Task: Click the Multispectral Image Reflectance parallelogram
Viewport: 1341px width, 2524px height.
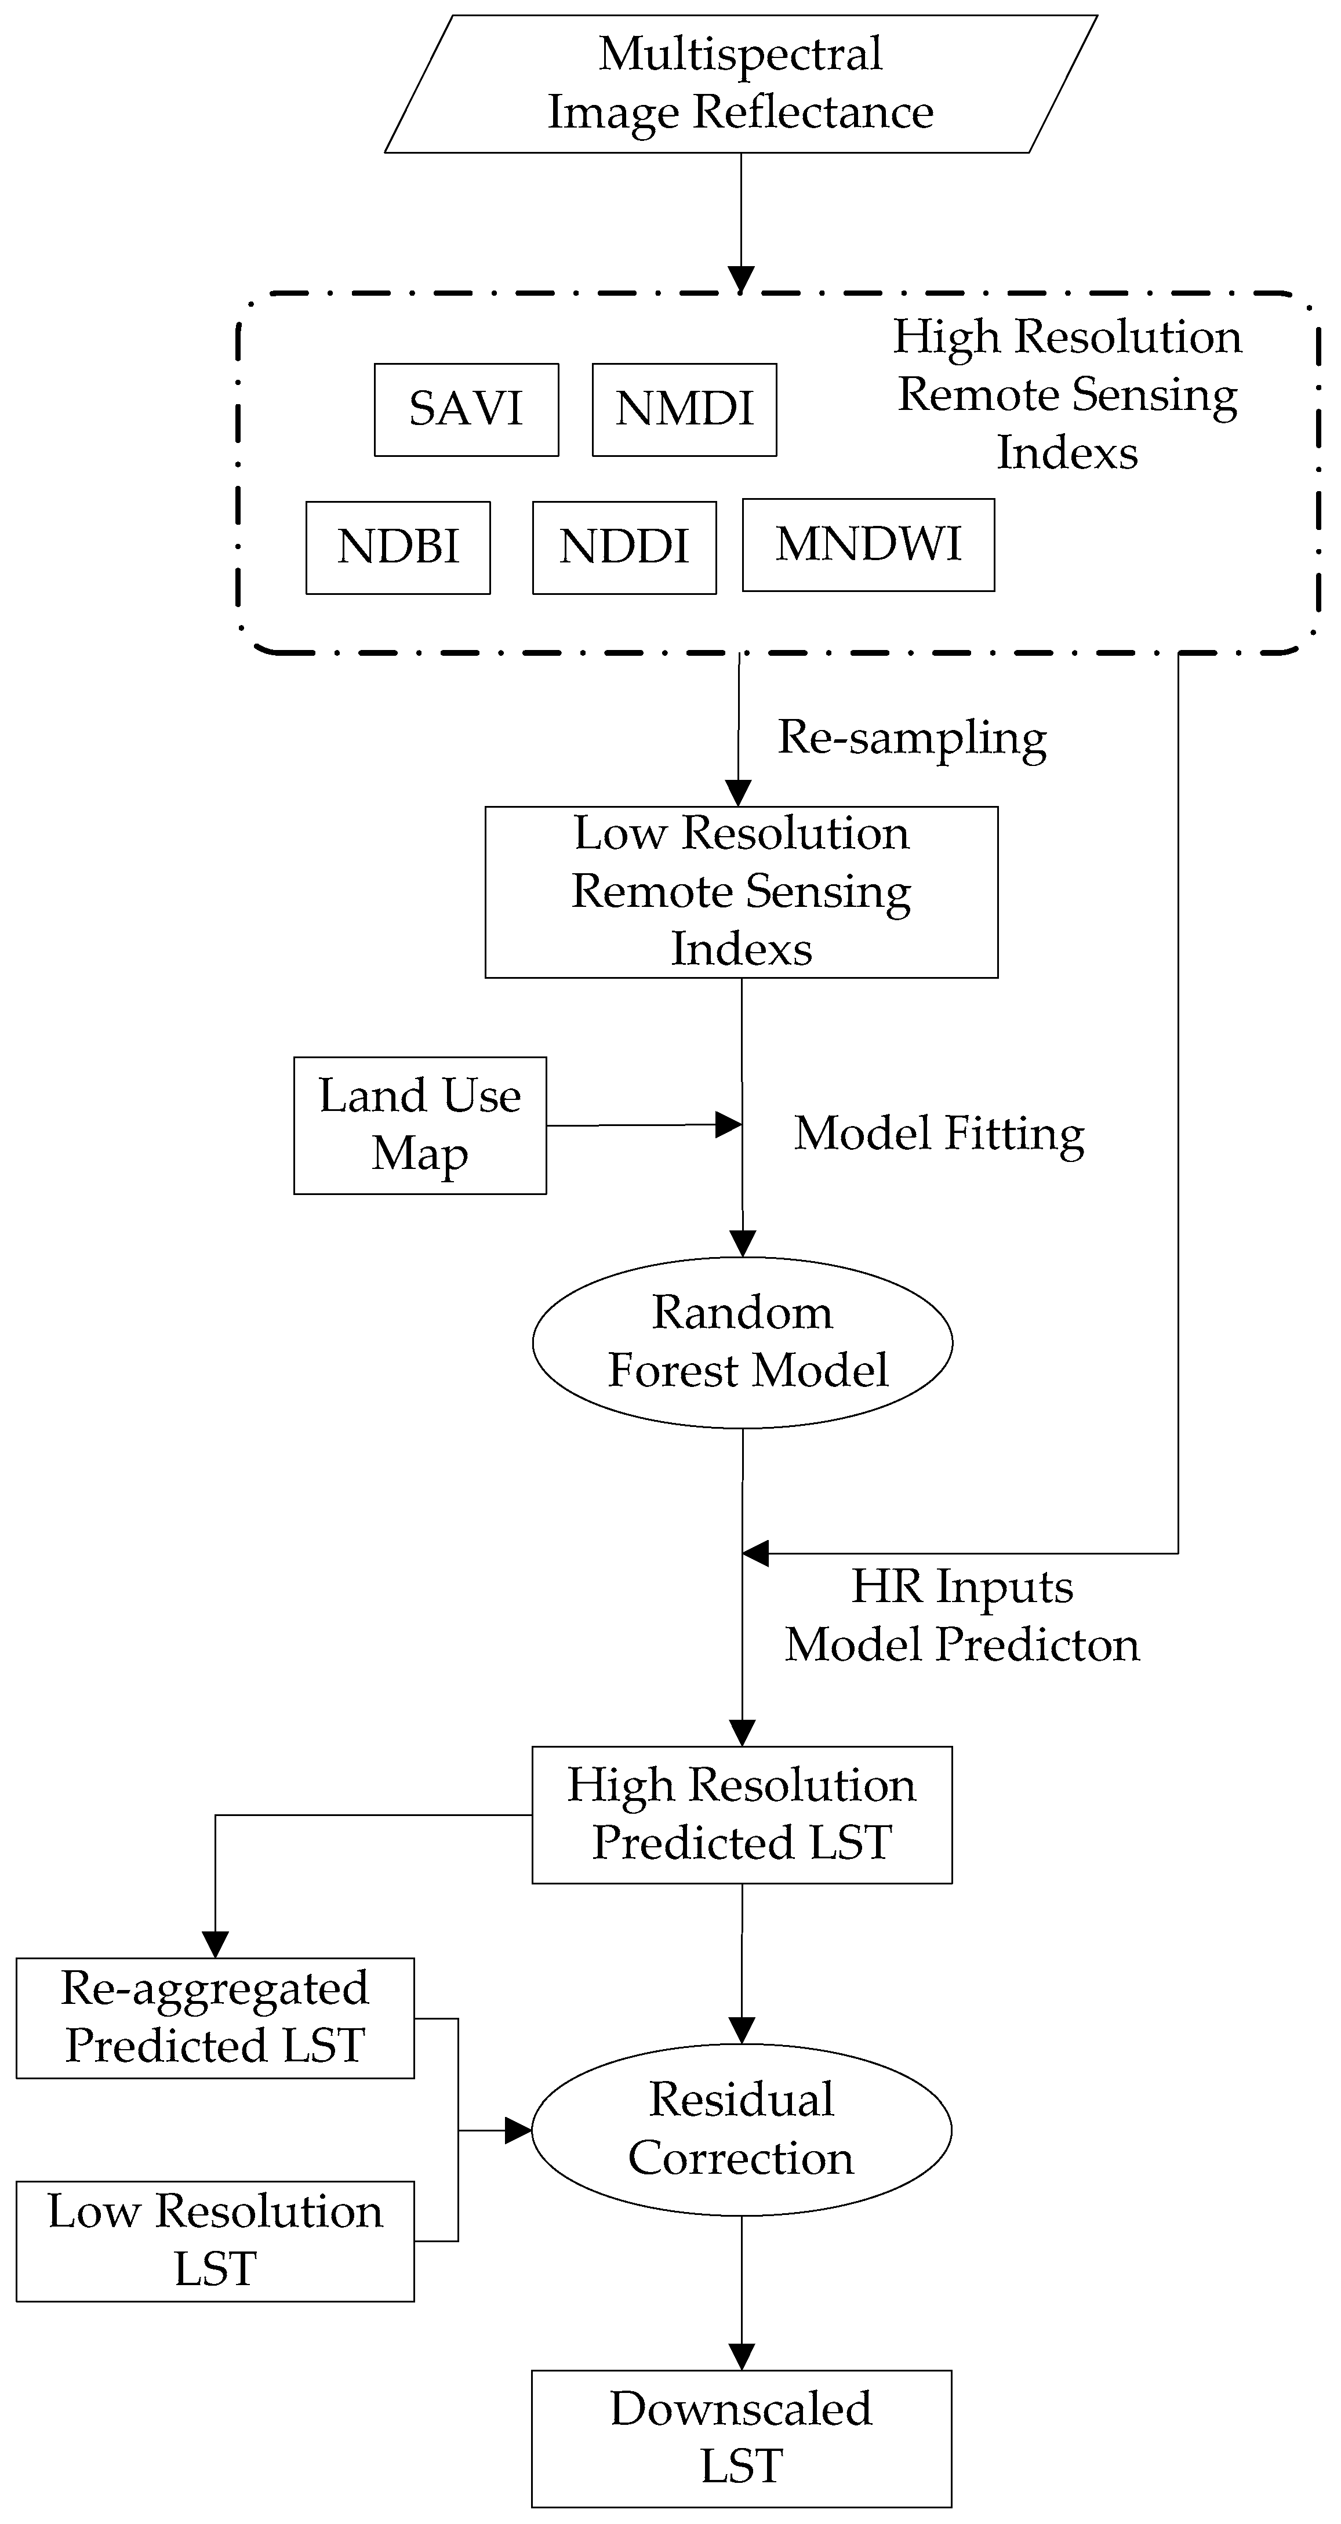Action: click(740, 84)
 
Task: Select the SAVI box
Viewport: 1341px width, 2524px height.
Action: click(466, 409)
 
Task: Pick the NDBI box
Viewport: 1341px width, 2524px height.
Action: click(398, 548)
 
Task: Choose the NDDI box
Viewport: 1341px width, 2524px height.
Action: click(624, 548)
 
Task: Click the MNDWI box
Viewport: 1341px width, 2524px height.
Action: click(868, 545)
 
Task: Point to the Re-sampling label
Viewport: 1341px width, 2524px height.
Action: click(911, 738)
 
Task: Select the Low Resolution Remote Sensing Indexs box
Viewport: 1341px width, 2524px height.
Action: click(742, 892)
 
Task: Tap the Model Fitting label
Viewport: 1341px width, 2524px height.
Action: click(939, 1134)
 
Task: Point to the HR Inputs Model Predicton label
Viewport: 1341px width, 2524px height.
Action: click(962, 1615)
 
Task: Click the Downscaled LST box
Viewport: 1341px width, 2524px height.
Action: click(742, 2438)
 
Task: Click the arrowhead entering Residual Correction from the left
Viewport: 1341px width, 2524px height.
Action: click(518, 2130)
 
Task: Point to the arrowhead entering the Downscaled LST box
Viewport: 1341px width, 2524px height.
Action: click(742, 2356)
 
